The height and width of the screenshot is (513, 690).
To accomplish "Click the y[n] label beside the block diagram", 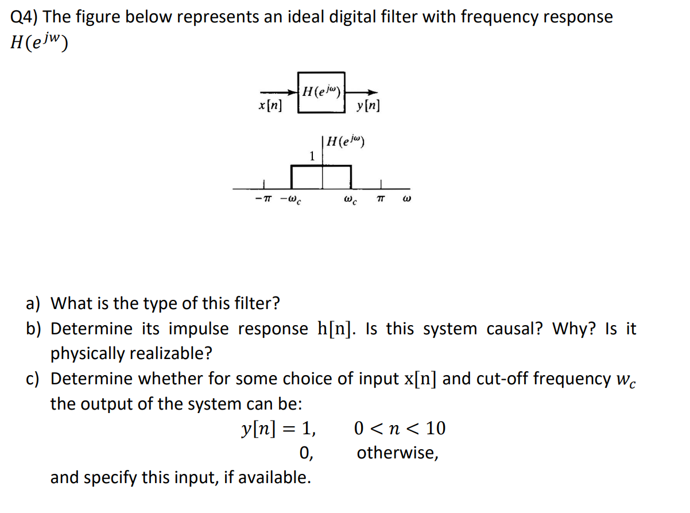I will point(367,106).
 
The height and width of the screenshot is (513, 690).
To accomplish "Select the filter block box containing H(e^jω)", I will point(321,92).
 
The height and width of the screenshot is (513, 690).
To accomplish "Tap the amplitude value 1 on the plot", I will point(312,156).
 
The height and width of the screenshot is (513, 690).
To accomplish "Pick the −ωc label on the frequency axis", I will point(292,201).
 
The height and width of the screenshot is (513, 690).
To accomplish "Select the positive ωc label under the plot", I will point(350,201).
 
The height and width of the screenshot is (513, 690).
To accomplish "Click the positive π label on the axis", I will point(380,200).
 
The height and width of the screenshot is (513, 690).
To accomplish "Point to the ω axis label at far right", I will point(407,200).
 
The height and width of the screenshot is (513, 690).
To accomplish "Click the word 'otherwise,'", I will point(398,453).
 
